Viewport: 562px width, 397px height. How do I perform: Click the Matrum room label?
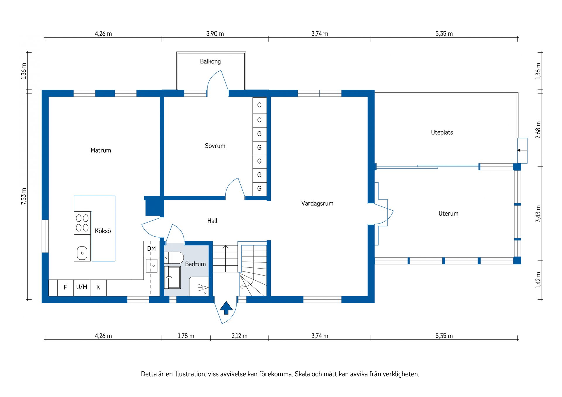pyautogui.click(x=101, y=150)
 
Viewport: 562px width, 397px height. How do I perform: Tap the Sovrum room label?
pyautogui.click(x=215, y=146)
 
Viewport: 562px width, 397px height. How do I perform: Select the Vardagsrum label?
pyautogui.click(x=317, y=203)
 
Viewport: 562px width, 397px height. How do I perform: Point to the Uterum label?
pyautogui.click(x=448, y=214)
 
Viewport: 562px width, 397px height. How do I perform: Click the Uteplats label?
pyautogui.click(x=442, y=132)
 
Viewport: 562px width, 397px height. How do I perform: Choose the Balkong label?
pyautogui.click(x=210, y=61)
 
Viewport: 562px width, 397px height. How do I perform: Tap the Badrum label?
pyautogui.click(x=196, y=264)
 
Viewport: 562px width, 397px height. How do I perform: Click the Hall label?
pyautogui.click(x=213, y=221)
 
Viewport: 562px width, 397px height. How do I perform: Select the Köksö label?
pyautogui.click(x=103, y=231)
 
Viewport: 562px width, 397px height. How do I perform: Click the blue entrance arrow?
pyautogui.click(x=226, y=308)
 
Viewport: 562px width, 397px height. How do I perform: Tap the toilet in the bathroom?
pyautogui.click(x=174, y=258)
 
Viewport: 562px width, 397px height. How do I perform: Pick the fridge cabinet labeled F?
pyautogui.click(x=65, y=288)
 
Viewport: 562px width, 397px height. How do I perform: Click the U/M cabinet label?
pyautogui.click(x=82, y=287)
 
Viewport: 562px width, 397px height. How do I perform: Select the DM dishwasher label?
pyautogui.click(x=151, y=249)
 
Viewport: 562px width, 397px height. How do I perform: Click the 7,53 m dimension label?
pyautogui.click(x=24, y=196)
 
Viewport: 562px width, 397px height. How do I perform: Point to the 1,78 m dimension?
pyautogui.click(x=186, y=336)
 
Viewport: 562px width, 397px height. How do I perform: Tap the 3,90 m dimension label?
pyautogui.click(x=215, y=34)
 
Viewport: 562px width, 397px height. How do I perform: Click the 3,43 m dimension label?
pyautogui.click(x=538, y=214)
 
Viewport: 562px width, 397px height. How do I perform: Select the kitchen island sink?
pyautogui.click(x=82, y=253)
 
